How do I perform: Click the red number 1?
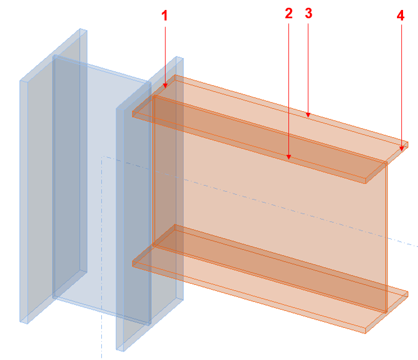point(164,15)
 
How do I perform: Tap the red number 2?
point(288,13)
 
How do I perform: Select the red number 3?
point(308,13)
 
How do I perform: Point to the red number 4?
point(400,15)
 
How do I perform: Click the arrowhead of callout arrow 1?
point(165,85)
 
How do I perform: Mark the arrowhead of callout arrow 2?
point(288,156)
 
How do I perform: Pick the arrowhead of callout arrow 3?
point(308,114)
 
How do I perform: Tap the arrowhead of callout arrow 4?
point(401,148)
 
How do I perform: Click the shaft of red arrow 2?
point(288,88)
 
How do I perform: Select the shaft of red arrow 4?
point(401,85)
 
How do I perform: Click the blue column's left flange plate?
point(53,176)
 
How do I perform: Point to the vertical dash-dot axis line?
point(101,257)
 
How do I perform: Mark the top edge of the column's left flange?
point(53,55)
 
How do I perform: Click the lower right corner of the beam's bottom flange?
point(365,333)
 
